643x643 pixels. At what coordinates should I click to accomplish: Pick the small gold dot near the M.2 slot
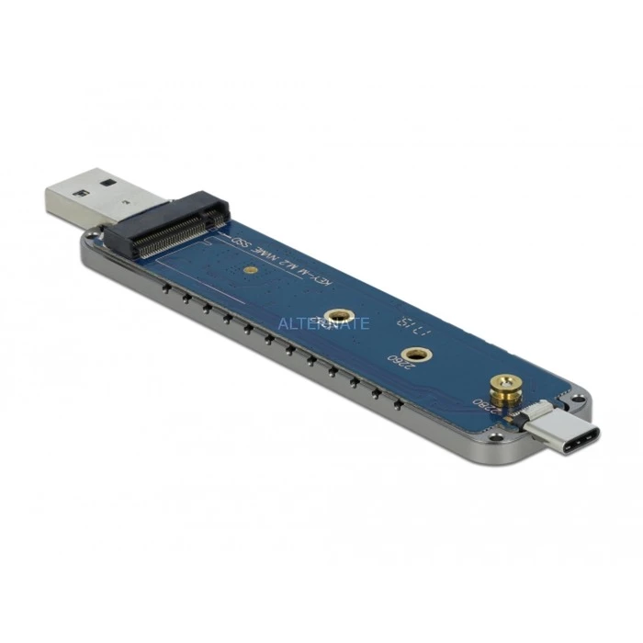(x=251, y=271)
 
